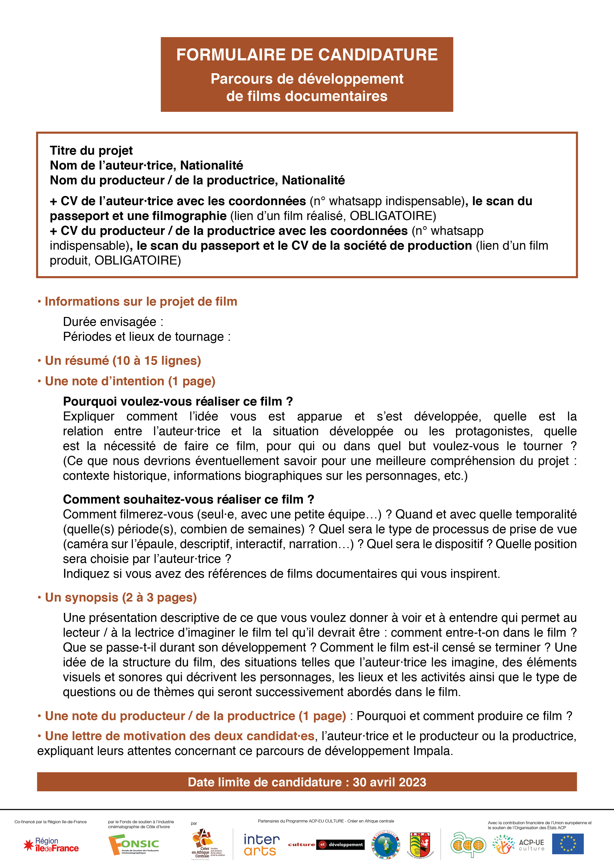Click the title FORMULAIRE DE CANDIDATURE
307,55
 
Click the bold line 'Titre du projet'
91,150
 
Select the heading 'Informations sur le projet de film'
141,301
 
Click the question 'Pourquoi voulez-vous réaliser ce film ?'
178,401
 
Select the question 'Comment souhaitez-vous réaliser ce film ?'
188,499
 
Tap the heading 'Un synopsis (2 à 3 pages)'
121,597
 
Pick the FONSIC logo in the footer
133,845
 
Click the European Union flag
567,844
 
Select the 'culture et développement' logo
325,844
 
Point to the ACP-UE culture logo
518,844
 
